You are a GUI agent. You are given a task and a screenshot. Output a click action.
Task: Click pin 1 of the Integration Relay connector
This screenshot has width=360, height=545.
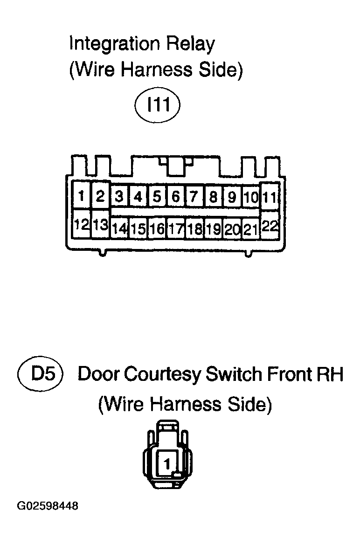click(82, 196)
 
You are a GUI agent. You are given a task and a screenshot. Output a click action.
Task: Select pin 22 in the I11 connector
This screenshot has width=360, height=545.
click(270, 226)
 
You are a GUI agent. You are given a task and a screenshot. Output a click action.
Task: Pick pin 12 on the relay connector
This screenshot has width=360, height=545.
click(82, 224)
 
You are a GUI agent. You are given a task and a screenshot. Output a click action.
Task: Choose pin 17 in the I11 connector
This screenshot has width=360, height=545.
click(176, 228)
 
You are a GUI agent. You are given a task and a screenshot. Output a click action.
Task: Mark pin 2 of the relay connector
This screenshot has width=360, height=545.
click(101, 196)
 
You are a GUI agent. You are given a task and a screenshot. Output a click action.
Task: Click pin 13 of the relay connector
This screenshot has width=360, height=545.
click(101, 224)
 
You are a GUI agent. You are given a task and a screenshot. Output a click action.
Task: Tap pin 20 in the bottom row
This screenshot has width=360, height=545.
click(232, 228)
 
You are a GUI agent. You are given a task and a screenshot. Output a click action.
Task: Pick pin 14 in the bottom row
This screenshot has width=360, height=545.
click(119, 228)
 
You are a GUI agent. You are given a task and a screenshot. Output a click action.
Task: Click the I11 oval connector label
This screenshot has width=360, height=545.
click(158, 104)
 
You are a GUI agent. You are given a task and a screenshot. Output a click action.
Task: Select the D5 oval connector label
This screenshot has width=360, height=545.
click(40, 374)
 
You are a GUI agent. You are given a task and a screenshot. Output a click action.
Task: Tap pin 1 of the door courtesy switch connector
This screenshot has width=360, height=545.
click(167, 464)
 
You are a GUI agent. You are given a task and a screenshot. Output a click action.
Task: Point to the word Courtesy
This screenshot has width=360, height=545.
click(163, 375)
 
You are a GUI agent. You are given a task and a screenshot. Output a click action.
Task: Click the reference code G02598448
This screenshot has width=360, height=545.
click(47, 506)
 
